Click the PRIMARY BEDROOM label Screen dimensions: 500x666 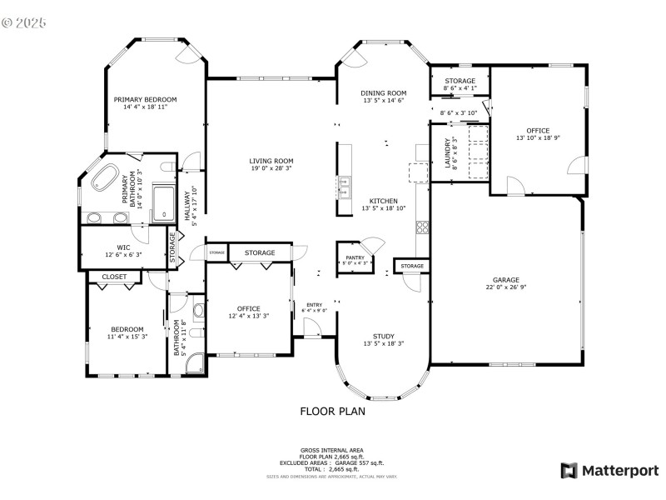146,98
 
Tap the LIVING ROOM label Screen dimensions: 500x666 271,161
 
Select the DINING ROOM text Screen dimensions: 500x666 383,92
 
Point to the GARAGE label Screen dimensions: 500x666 505,280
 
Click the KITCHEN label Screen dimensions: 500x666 383,201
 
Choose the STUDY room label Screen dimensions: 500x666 383,336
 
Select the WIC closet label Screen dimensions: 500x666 123,247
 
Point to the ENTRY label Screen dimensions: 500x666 314,304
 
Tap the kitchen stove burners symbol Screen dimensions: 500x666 422,226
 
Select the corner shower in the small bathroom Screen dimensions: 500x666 193,363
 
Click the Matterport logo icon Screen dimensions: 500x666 569,471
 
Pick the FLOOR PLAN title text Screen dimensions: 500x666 332,411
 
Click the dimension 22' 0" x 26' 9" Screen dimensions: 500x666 505,288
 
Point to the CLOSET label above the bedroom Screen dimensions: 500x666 114,277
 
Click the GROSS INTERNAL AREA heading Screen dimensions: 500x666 332,450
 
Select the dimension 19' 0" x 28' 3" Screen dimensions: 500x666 271,169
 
